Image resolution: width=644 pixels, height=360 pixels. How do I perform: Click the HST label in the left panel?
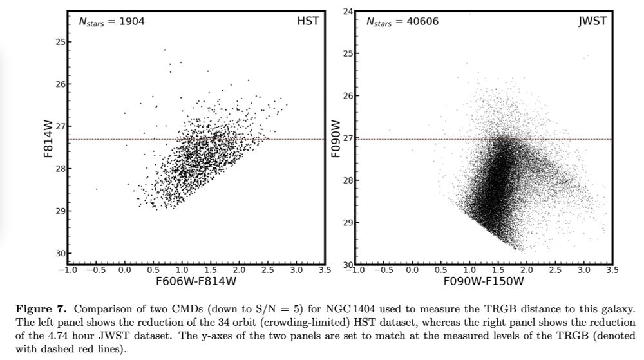(x=308, y=21)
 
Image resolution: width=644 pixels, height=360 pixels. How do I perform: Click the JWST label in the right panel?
(x=592, y=21)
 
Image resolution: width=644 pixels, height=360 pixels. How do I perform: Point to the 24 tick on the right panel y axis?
(x=348, y=11)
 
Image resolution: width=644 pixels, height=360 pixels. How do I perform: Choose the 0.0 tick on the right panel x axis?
(x=412, y=270)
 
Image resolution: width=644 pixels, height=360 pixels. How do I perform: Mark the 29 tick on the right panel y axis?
(x=348, y=222)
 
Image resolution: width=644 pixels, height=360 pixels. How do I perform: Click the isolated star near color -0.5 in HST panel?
(x=97, y=189)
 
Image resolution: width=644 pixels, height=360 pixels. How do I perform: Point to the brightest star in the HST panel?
(x=164, y=49)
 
